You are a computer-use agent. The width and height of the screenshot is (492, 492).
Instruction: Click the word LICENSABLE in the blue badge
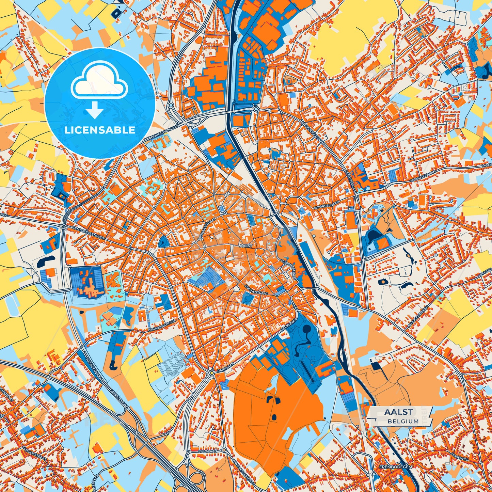[100, 130]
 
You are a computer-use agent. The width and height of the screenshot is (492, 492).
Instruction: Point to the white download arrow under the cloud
[95, 110]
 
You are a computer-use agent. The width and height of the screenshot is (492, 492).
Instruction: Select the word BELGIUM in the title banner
[403, 421]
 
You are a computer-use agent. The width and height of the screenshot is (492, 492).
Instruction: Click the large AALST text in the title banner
[399, 412]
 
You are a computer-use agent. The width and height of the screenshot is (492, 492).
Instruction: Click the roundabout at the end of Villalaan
[224, 450]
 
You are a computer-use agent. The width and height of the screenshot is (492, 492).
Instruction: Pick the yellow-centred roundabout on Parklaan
[212, 373]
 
